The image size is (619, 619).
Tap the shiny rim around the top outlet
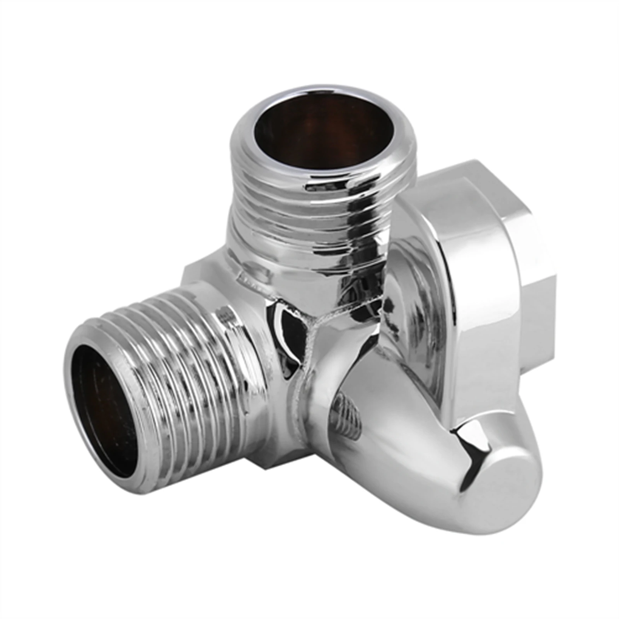click(323, 90)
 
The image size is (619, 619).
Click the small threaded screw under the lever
click(348, 414)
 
